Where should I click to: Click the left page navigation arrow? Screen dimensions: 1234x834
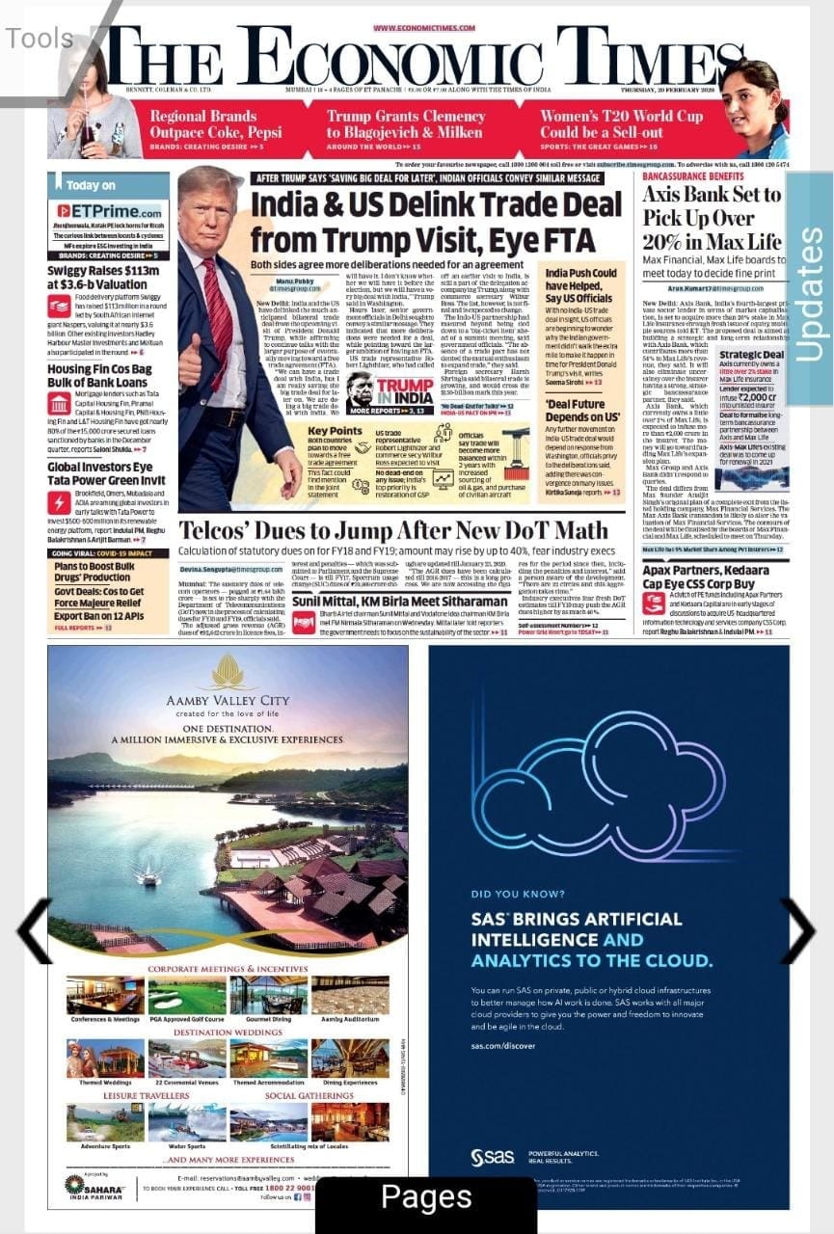35,931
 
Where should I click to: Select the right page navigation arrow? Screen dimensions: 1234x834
798,931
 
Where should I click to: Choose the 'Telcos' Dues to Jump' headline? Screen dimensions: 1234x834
393,531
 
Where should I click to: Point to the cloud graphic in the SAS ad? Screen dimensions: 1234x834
598,790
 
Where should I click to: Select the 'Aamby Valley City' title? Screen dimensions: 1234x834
228,699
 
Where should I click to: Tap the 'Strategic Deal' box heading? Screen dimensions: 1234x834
750,356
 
